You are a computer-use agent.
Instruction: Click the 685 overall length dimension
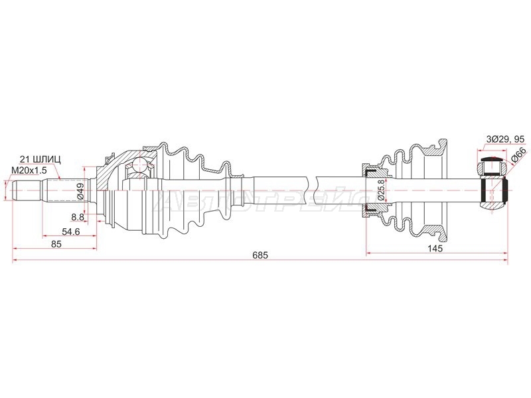pyautogui.click(x=260, y=255)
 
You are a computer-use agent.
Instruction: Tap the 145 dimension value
pyautogui.click(x=435, y=248)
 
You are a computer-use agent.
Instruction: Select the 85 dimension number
pyautogui.click(x=56, y=243)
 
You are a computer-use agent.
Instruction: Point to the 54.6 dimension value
pyautogui.click(x=70, y=232)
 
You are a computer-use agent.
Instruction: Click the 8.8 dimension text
pyautogui.click(x=78, y=217)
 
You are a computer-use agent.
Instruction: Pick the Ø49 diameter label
pyautogui.click(x=80, y=191)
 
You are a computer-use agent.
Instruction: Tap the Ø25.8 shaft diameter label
pyautogui.click(x=380, y=191)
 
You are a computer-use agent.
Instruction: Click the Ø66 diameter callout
pyautogui.click(x=519, y=156)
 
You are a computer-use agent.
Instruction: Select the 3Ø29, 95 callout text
pyautogui.click(x=505, y=139)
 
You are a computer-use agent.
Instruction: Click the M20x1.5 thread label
pyautogui.click(x=29, y=170)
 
